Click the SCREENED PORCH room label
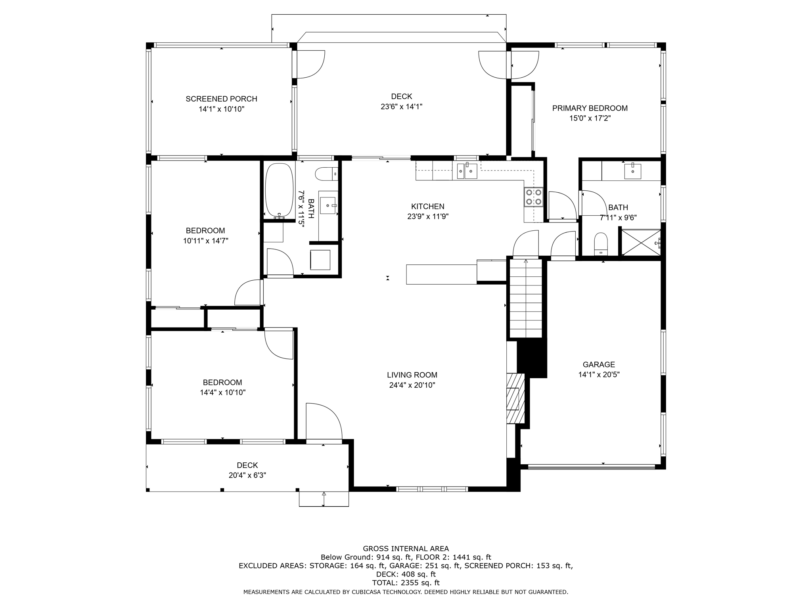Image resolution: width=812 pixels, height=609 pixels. [221, 99]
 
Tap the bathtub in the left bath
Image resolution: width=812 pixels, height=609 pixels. [279, 190]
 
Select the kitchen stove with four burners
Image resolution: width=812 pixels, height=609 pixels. [533, 197]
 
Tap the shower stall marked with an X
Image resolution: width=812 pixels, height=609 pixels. [640, 242]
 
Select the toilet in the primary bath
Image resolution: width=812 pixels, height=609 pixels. [601, 243]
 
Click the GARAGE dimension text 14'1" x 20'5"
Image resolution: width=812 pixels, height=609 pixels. [599, 374]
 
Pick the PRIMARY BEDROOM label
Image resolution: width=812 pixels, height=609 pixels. [590, 108]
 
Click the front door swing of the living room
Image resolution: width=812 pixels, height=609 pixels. [323, 421]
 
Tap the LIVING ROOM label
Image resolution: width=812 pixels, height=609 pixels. [412, 375]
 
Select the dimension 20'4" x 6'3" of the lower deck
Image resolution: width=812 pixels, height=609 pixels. [247, 475]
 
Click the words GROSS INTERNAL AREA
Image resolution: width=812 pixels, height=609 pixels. [406, 549]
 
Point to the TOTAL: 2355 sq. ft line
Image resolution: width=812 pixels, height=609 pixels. [406, 583]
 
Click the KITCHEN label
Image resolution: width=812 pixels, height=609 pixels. [427, 206]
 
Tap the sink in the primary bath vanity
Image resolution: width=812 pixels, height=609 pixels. [632, 171]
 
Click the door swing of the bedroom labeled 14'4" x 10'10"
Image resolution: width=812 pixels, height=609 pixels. [279, 343]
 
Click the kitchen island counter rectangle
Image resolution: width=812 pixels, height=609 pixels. [441, 274]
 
